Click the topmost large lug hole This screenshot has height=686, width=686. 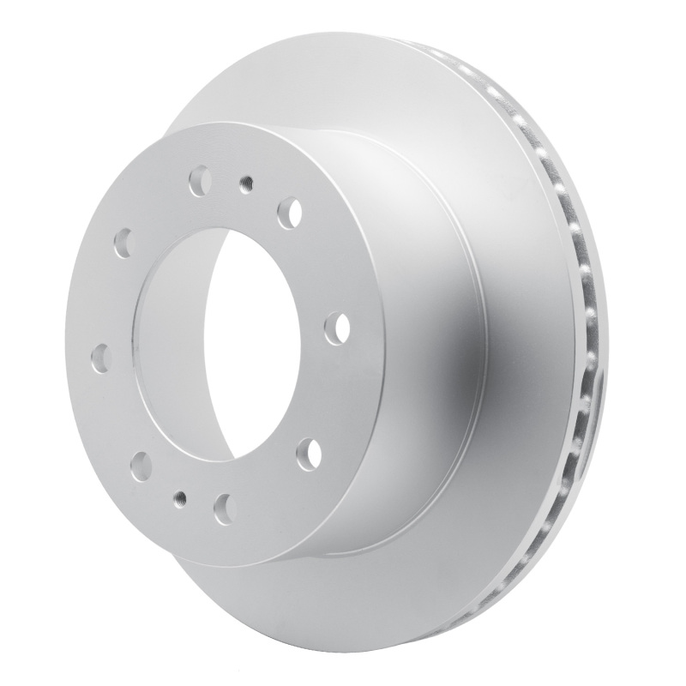point(200,182)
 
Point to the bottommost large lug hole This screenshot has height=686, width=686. point(225,503)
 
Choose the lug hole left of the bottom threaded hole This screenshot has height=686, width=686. point(141,466)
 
